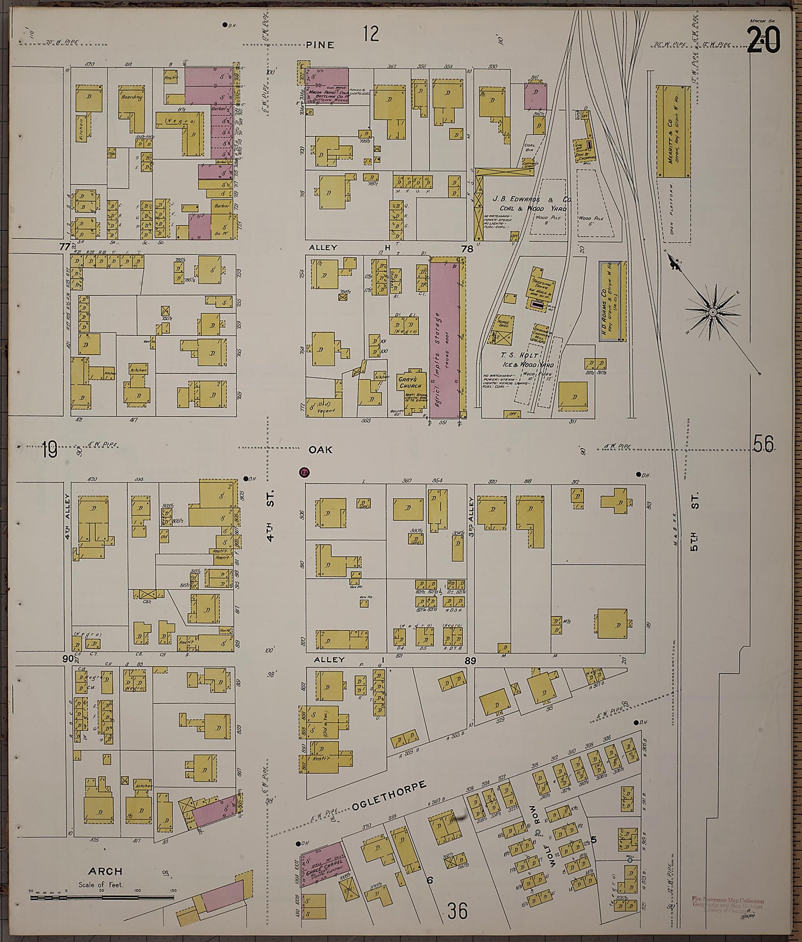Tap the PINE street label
pyautogui.click(x=320, y=45)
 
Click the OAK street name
pyautogui.click(x=320, y=450)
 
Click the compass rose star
pyautogui.click(x=713, y=311)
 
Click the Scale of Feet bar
pyautogui.click(x=102, y=897)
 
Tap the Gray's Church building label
pyautogui.click(x=411, y=382)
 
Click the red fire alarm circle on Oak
pyautogui.click(x=304, y=472)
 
